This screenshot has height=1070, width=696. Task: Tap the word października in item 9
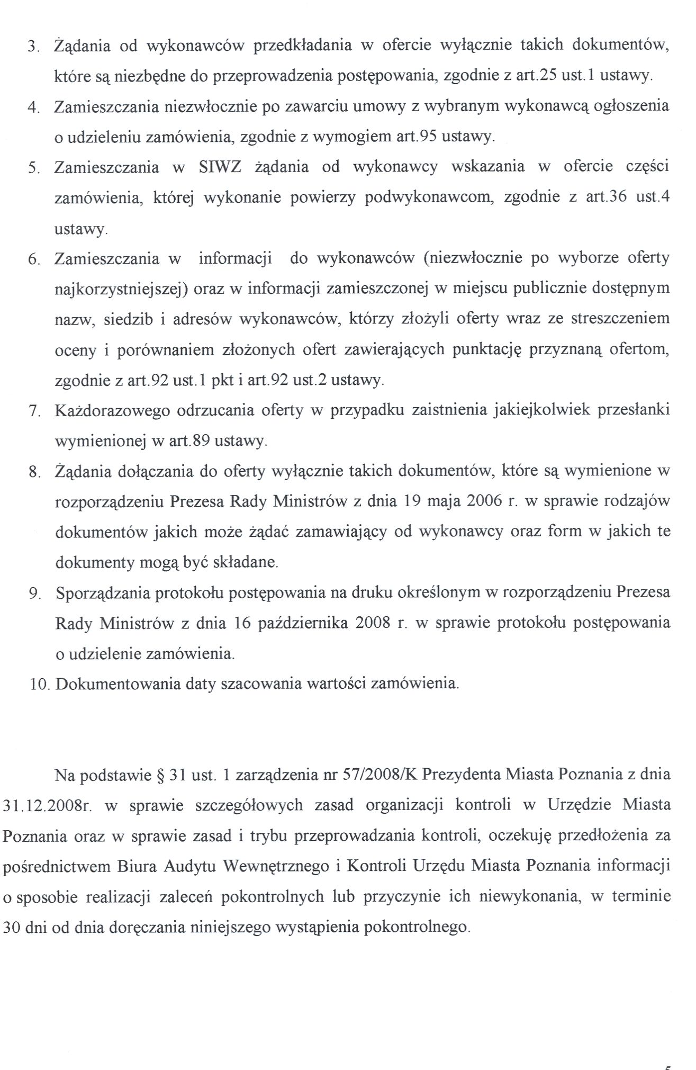(303, 623)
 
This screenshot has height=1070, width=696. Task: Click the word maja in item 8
(447, 501)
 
